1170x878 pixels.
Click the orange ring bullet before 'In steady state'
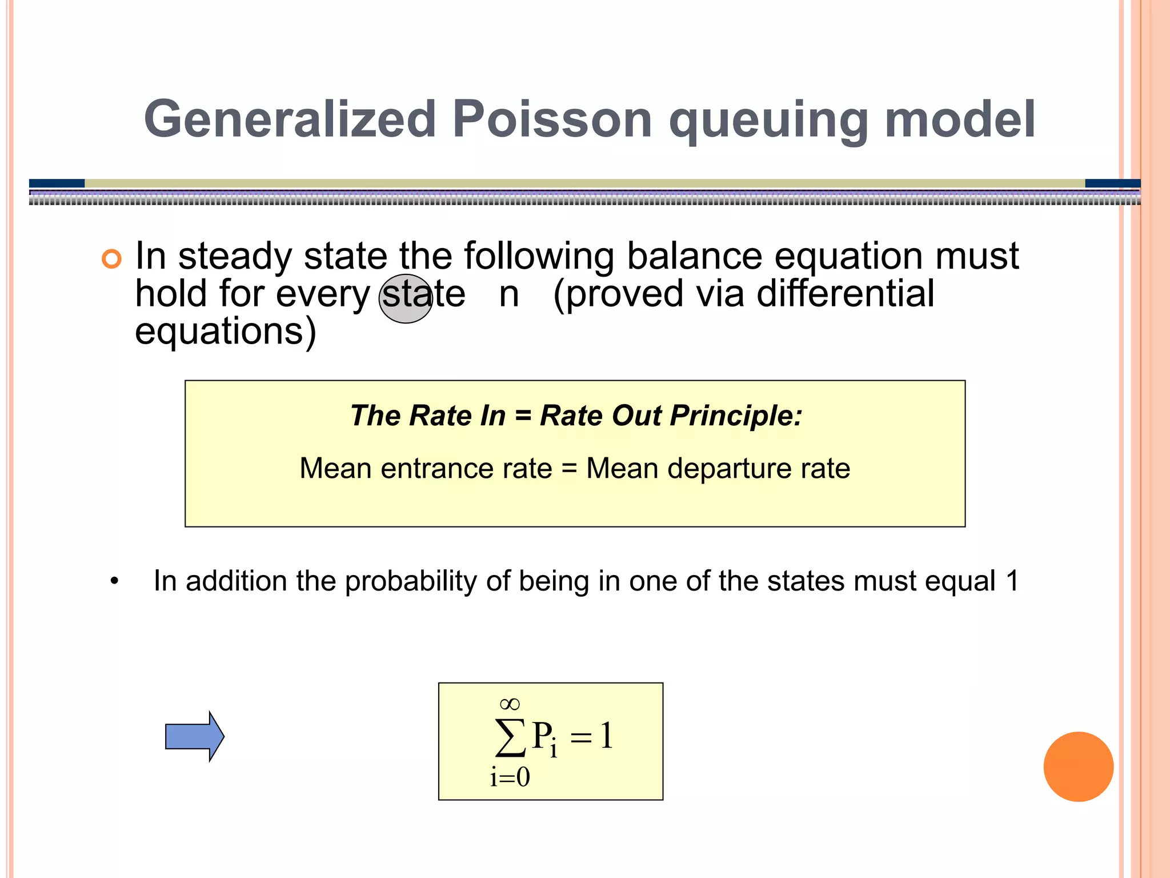click(111, 259)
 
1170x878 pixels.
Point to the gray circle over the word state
click(406, 298)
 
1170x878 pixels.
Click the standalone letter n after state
click(508, 295)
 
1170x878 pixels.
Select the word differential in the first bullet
click(845, 294)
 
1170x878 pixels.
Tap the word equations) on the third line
click(225, 332)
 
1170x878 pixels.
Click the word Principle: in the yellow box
click(736, 416)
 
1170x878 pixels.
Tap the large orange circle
click(1078, 767)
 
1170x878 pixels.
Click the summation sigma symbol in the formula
click(510, 737)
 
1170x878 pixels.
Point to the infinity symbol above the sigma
click(510, 704)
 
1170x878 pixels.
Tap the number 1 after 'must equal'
click(1012, 581)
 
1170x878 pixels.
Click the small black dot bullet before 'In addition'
click(115, 582)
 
